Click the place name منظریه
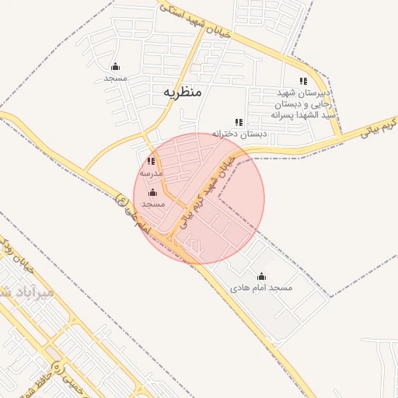point(183,92)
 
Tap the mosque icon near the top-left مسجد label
point(115,66)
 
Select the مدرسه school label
point(150,173)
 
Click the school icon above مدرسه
point(150,162)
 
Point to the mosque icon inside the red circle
point(152,192)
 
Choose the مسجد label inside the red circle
point(153,204)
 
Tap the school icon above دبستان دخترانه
point(239,122)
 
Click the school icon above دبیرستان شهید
point(303,81)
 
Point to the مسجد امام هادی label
point(261,288)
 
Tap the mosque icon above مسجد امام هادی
point(261,276)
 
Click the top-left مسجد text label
point(115,79)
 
